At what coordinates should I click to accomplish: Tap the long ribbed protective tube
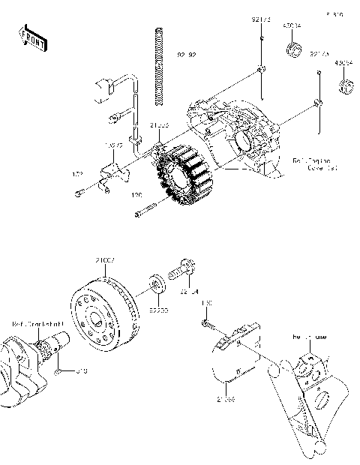(x=158, y=66)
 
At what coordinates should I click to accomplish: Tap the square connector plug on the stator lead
(x=103, y=88)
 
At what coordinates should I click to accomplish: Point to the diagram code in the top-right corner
(x=334, y=14)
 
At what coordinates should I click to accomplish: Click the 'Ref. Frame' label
(x=309, y=337)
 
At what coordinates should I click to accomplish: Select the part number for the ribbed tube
(x=186, y=55)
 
